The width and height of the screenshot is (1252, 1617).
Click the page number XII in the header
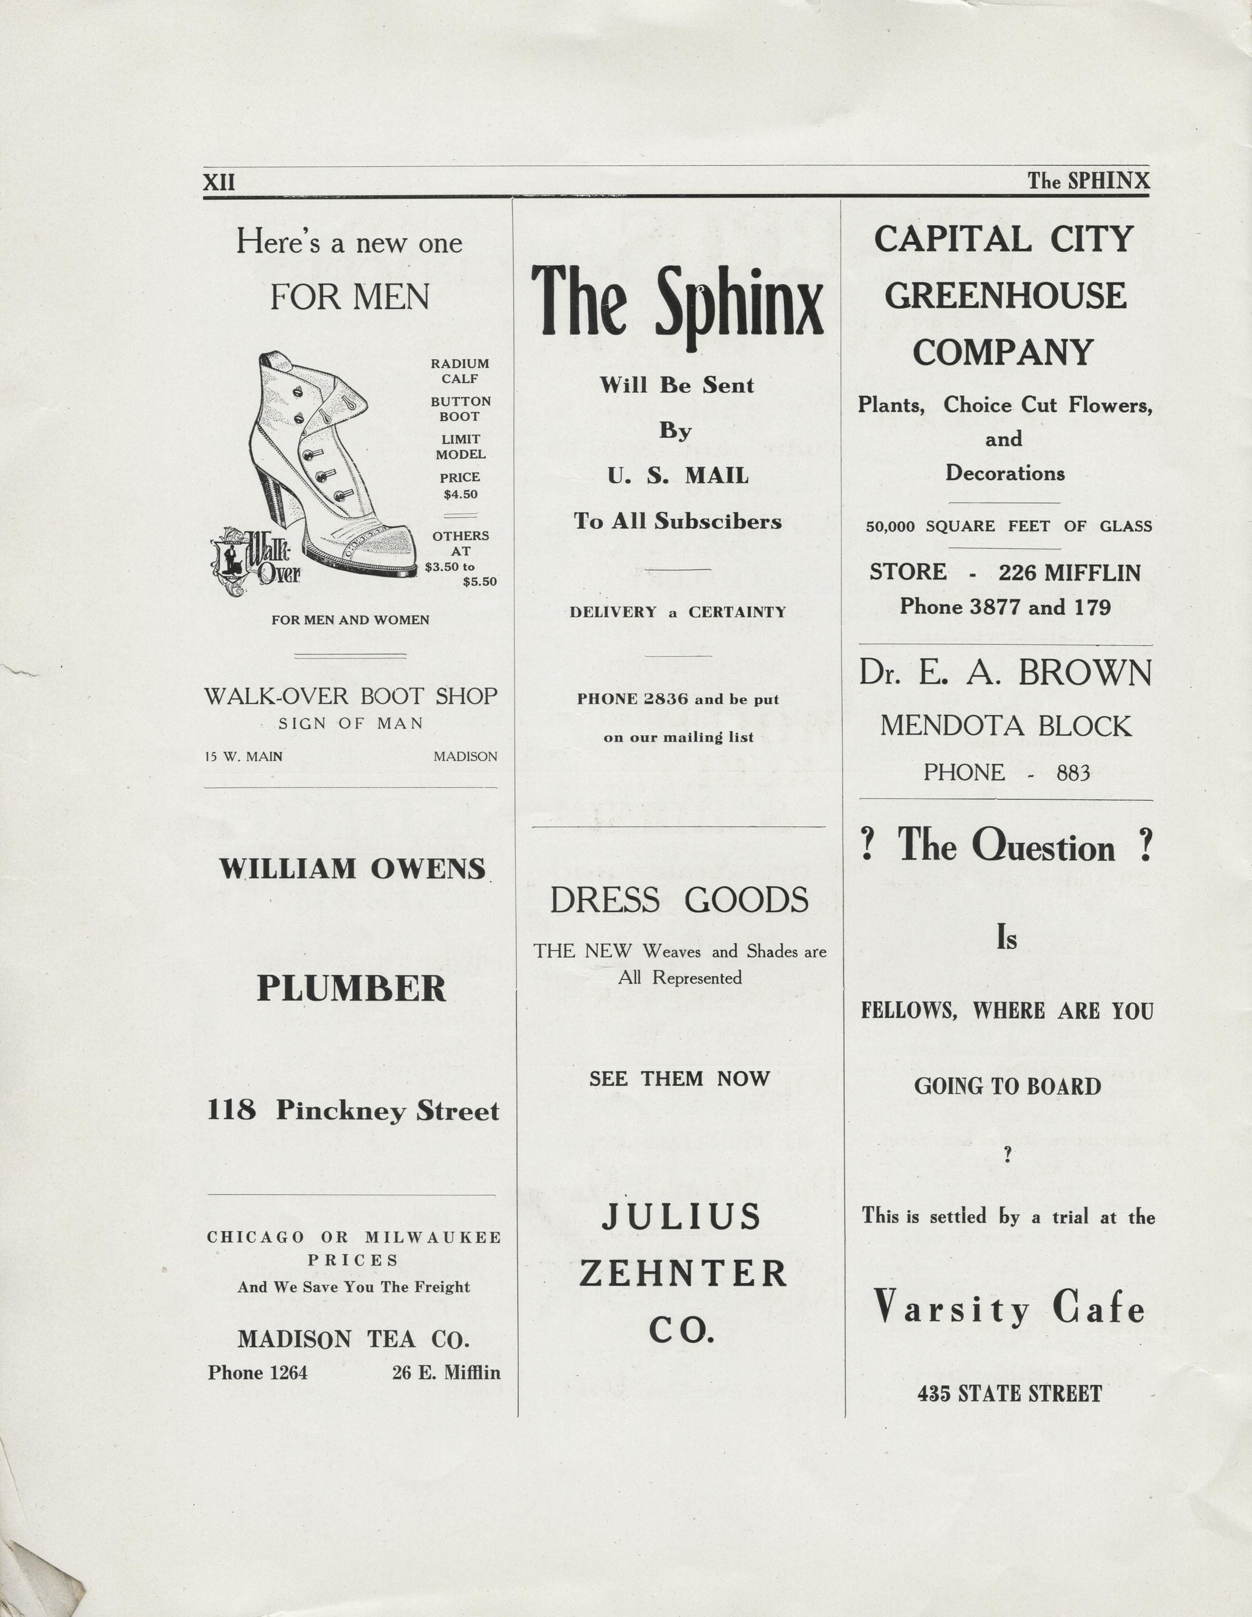219,182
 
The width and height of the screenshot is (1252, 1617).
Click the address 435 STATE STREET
1009,1393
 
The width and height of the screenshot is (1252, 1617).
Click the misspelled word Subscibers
717,521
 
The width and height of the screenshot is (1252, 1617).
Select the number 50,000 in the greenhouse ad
890,526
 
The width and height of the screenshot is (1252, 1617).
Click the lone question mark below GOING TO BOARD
1007,1156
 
